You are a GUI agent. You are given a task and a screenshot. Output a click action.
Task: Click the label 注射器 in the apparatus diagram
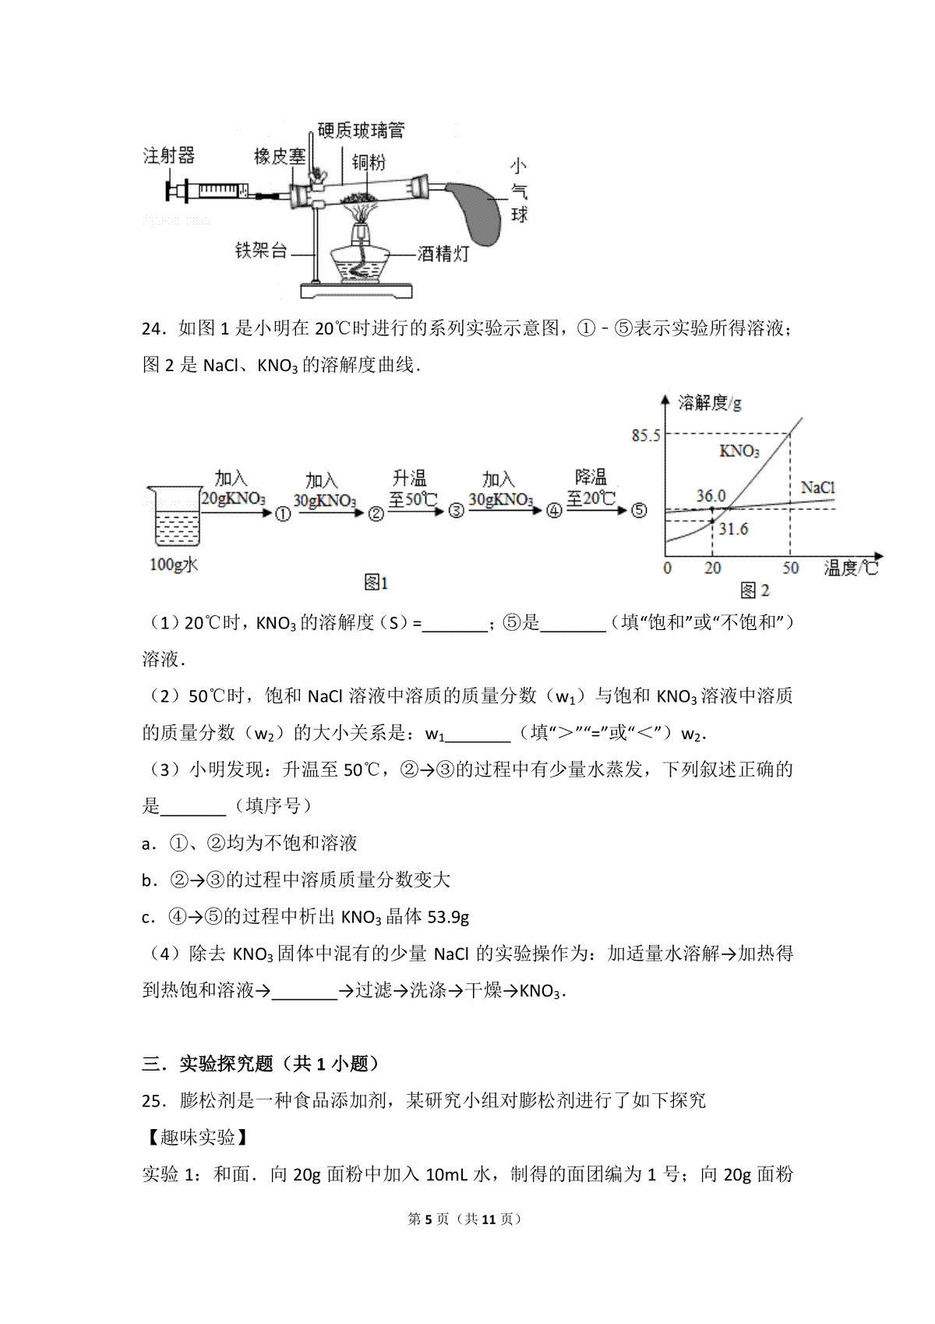(169, 155)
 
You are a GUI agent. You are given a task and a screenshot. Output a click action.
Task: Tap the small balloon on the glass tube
(475, 213)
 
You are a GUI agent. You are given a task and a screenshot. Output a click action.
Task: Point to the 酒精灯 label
(443, 253)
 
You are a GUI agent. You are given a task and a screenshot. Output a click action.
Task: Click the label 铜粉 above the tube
(369, 161)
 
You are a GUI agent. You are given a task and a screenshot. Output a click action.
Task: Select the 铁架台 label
(261, 250)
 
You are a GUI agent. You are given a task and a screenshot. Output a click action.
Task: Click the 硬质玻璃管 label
(361, 130)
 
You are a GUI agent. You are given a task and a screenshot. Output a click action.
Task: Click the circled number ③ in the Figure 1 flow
(456, 511)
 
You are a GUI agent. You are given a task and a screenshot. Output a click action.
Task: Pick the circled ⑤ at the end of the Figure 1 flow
(639, 510)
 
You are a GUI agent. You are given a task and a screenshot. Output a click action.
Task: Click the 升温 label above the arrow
(409, 477)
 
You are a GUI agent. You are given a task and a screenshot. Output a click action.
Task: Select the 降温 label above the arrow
(591, 476)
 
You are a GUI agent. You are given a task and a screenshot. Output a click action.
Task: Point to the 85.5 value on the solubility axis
(646, 436)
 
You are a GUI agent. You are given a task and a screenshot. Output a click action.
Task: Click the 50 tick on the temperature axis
(790, 568)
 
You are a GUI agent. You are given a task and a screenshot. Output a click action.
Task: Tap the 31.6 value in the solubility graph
(733, 529)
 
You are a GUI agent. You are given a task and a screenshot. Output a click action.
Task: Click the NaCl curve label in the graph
(817, 487)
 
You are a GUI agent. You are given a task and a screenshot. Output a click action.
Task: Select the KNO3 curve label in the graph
(739, 451)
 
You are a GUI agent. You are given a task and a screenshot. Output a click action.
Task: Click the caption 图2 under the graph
(754, 590)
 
